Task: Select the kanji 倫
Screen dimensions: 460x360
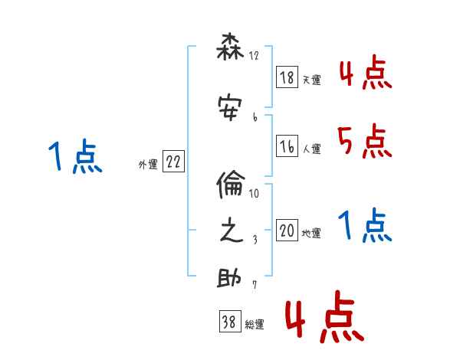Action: pos(231,185)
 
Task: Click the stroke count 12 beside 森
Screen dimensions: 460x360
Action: pos(254,56)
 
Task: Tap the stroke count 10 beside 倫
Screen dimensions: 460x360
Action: pos(254,193)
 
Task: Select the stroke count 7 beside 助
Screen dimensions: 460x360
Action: pos(254,286)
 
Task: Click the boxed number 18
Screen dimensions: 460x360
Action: pos(287,77)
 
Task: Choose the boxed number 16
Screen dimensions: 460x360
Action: pos(287,146)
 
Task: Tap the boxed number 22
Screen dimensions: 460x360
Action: pos(173,162)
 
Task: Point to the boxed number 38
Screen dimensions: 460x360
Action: pos(228,322)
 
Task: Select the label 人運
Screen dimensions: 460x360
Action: pos(311,149)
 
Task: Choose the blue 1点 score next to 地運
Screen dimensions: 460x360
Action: pos(364,226)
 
